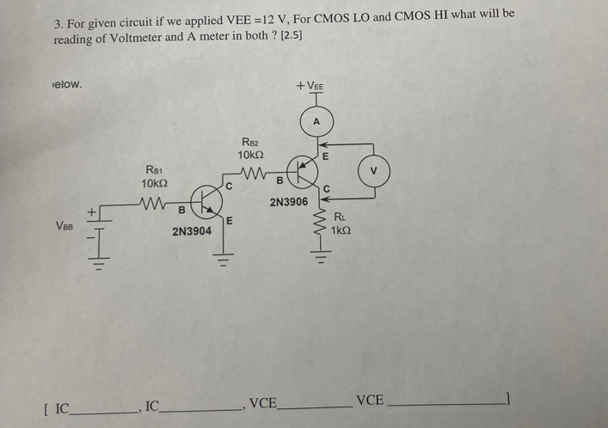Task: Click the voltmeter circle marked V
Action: pos(372,169)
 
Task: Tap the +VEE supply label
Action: pos(310,86)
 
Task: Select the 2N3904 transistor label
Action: pos(192,231)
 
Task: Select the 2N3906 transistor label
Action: pos(288,201)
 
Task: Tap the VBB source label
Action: pos(64,226)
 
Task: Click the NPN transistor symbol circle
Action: pos(206,203)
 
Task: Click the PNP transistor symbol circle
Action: pos(304,172)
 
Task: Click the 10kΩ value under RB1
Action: pos(155,184)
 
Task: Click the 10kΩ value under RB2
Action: pos(250,155)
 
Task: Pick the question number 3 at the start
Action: pos(58,15)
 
